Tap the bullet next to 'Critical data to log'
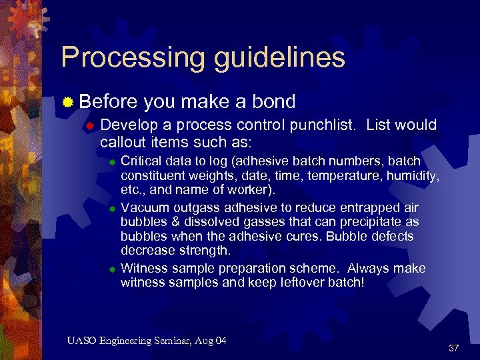(x=113, y=162)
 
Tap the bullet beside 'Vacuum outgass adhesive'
(x=113, y=208)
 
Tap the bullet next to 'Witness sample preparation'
(x=113, y=269)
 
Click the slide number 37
(x=454, y=348)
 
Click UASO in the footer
(x=81, y=341)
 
